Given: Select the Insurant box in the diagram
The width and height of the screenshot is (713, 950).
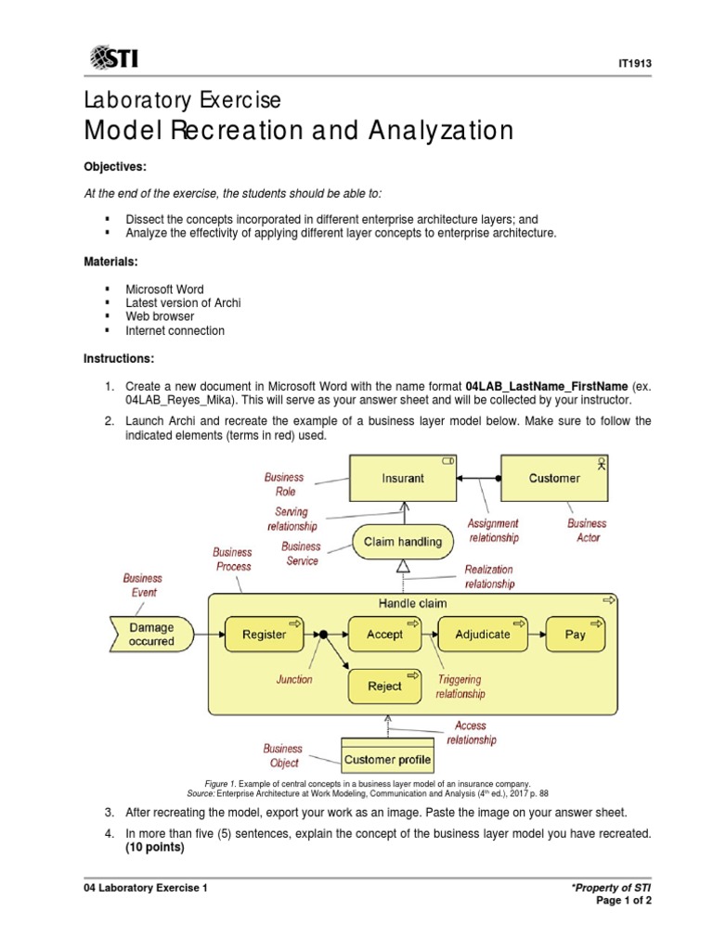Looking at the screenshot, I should [402, 479].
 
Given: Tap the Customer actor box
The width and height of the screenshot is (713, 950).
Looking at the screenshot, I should [554, 479].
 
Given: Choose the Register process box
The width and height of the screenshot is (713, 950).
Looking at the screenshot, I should [264, 635].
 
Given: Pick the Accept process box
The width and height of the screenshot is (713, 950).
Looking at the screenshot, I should [384, 635].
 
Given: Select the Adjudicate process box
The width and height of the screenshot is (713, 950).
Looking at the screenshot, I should [482, 635].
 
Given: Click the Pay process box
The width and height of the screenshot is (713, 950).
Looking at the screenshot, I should [575, 635].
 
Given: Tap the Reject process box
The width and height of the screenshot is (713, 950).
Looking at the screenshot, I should [384, 687].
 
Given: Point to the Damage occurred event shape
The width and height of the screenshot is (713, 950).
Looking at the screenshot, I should [149, 635].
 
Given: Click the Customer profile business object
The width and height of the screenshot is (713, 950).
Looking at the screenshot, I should [387, 759].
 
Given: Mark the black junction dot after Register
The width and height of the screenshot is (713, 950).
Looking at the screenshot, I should [324, 635].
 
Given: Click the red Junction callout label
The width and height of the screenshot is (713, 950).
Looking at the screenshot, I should [294, 679].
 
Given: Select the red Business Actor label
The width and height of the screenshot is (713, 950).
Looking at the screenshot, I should [587, 531].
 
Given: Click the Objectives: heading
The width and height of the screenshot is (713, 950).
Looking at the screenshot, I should [116, 166].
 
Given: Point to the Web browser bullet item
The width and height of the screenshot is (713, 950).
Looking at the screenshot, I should [160, 316].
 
